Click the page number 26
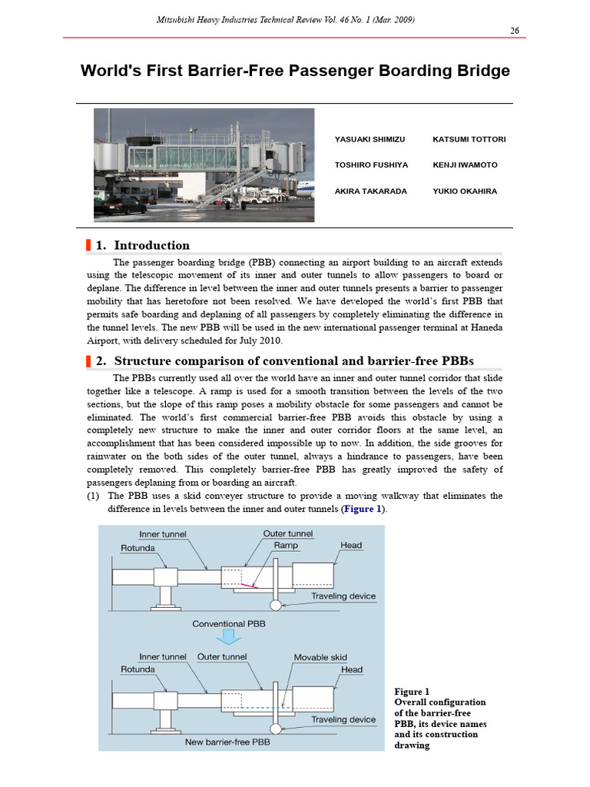click(515, 30)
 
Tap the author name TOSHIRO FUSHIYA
click(371, 165)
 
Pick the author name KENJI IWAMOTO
click(465, 165)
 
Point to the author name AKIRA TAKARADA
click(371, 191)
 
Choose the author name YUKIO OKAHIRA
click(465, 191)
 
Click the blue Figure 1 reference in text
click(363, 510)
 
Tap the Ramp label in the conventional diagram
click(286, 545)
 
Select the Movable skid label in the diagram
click(320, 657)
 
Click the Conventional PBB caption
click(228, 624)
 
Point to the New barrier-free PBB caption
click(228, 742)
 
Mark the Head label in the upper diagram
click(351, 545)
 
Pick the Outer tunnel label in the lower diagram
click(222, 657)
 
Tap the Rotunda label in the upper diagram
click(138, 548)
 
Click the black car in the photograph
click(124, 205)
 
